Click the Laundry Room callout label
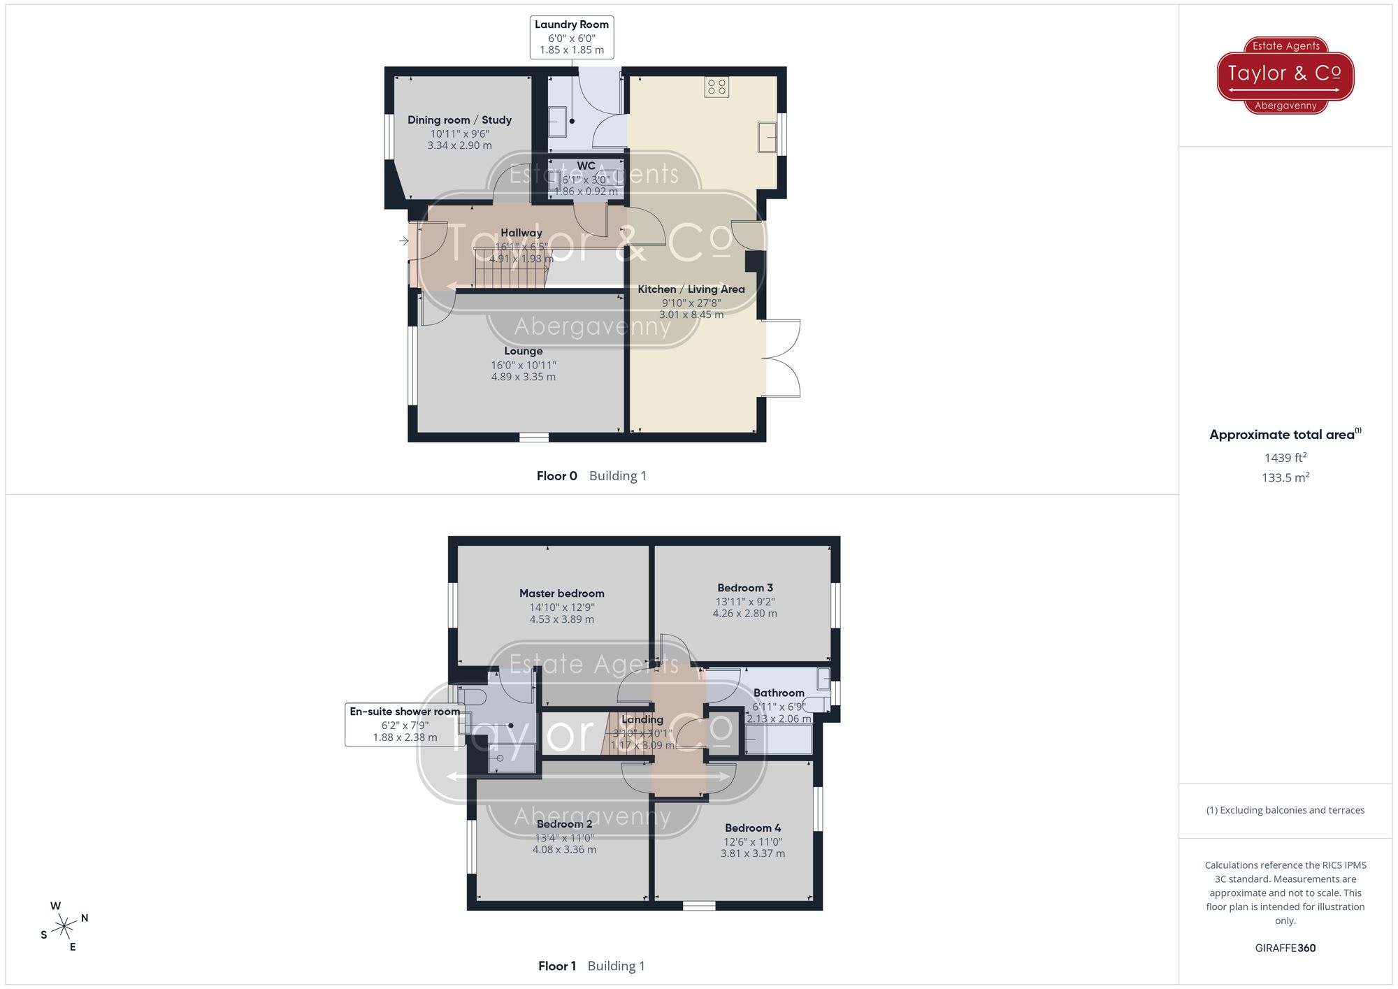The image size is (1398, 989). click(571, 37)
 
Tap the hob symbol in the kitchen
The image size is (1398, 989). click(716, 87)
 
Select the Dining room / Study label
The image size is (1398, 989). click(459, 120)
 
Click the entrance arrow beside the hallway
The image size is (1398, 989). click(404, 241)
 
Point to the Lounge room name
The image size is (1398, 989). click(523, 351)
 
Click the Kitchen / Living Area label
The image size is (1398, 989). click(691, 289)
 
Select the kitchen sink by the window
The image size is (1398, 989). click(767, 137)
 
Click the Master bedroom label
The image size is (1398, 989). click(561, 593)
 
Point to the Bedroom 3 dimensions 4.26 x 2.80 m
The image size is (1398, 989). click(744, 614)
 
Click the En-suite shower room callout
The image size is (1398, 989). click(405, 725)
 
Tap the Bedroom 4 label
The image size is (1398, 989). click(753, 828)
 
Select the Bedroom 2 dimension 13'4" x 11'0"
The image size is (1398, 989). click(564, 838)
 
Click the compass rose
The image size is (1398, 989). click(64, 927)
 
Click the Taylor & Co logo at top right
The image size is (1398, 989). click(1285, 75)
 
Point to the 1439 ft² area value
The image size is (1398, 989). click(1285, 458)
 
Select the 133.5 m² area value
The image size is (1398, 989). click(1285, 478)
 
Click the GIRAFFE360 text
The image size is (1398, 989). click(1285, 948)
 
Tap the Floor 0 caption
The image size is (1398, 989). click(556, 476)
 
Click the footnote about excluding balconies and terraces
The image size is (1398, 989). click(1285, 811)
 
